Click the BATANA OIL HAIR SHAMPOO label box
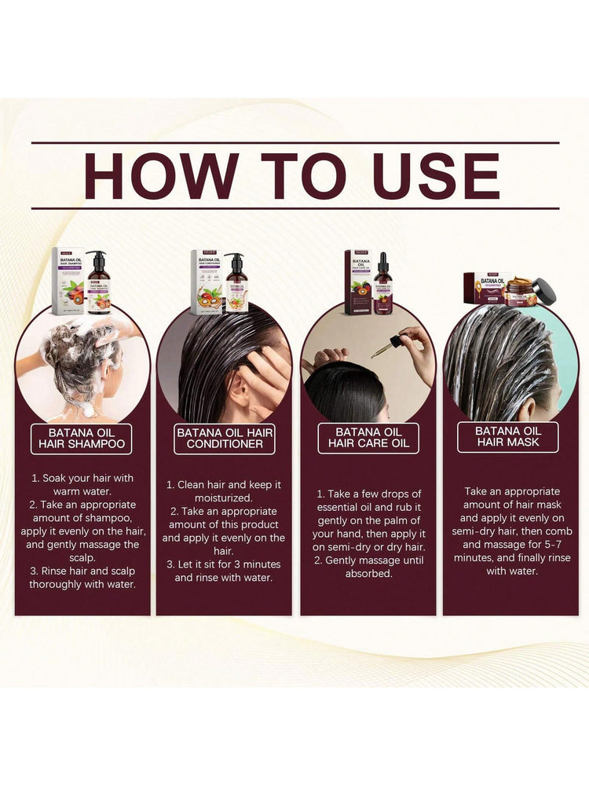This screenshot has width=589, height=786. point(82,438)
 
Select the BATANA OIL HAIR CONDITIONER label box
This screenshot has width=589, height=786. point(225,438)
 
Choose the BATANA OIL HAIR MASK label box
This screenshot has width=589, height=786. point(508,437)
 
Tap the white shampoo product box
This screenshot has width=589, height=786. point(68,281)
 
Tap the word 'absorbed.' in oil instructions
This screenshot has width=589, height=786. point(369,573)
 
